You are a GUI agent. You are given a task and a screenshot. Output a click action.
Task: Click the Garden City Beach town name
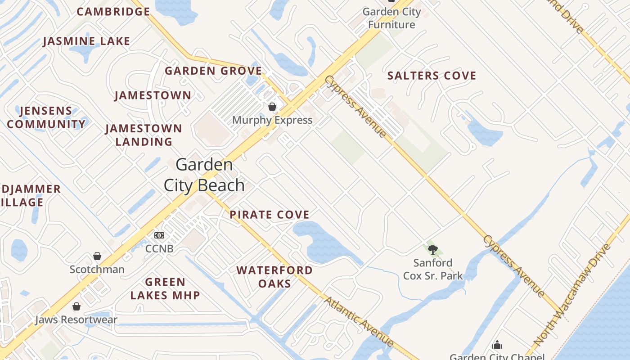coord(204,175)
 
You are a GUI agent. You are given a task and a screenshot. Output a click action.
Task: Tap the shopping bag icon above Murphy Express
coord(272,107)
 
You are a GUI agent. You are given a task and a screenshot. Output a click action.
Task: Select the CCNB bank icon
coord(159,235)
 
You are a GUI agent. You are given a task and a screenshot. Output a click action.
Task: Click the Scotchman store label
coord(97,270)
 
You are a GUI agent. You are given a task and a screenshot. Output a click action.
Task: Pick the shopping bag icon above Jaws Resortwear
coord(76,306)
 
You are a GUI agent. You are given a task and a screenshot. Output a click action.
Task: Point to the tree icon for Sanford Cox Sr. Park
coord(433,250)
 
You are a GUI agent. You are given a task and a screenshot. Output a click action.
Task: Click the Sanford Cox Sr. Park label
coord(433,269)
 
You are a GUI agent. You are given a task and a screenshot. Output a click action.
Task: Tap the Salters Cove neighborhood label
coord(432,76)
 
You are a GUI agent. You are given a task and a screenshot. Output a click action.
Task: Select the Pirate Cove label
coord(270,215)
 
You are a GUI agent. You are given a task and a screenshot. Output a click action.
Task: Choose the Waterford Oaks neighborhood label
coord(274,277)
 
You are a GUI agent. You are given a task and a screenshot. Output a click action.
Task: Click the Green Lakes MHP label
coord(165,288)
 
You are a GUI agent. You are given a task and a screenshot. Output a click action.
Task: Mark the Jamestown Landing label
coord(144,135)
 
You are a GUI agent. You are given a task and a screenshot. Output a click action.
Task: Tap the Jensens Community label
coord(46,117)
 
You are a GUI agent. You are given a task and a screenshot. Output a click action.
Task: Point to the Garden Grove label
coord(213,71)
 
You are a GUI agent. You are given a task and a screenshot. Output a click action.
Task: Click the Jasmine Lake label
coord(86,41)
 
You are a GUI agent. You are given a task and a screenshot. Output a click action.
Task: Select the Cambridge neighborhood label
coord(113,12)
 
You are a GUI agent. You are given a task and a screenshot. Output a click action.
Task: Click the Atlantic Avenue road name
coord(359,321)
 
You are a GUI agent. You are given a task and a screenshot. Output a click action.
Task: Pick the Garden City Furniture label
coord(391,18)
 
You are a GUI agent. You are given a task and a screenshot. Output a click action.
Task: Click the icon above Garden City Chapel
coord(497,345)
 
